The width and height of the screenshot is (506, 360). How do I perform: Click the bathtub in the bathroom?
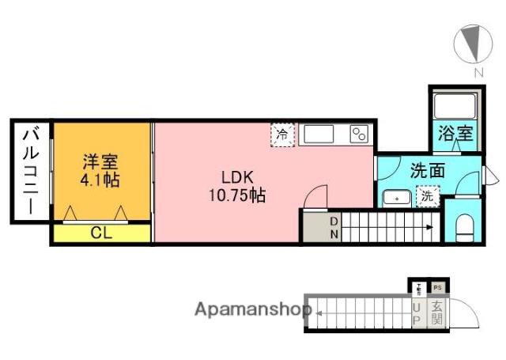pos(455,104)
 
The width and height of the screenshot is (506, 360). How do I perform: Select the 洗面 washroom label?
pos(426,170)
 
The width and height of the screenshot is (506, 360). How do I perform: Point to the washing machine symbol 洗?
pos(427,196)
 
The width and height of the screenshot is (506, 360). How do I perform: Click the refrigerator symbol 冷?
pos(283,135)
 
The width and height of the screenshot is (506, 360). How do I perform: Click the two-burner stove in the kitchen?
pos(360,134)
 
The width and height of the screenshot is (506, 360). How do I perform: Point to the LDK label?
pos(236,176)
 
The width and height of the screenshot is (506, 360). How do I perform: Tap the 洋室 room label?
pos(100,163)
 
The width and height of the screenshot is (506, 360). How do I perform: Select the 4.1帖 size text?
pos(100,181)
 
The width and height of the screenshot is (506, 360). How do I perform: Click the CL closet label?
pos(100,233)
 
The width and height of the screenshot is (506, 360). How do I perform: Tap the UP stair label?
pos(417,313)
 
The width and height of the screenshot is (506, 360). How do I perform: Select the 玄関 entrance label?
pos(436,313)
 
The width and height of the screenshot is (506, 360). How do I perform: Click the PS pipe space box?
pos(437,288)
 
